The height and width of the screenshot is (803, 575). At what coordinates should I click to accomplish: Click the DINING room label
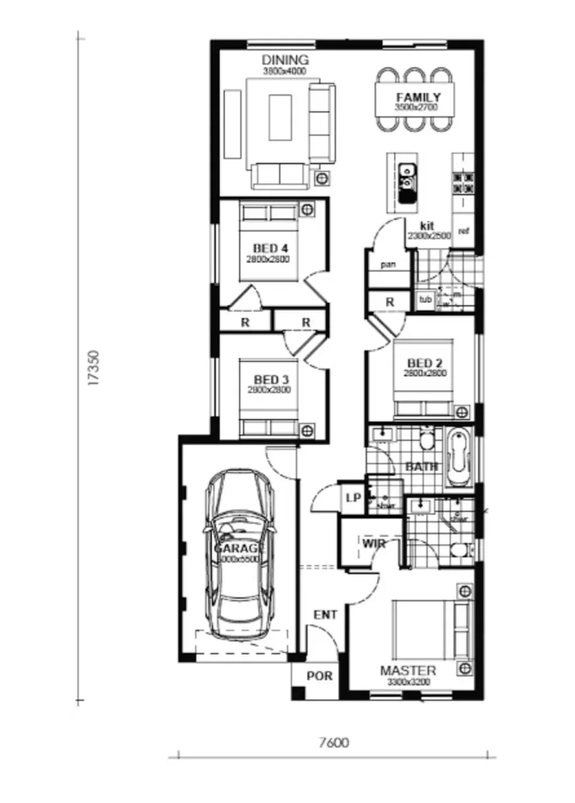(x=285, y=60)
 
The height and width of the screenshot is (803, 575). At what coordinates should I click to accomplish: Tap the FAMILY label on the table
(x=418, y=97)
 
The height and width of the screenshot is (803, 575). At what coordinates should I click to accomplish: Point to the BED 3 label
(x=271, y=380)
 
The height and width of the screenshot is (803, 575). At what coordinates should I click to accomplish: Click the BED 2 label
(x=425, y=364)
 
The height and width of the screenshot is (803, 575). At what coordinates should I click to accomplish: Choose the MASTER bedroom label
(x=408, y=671)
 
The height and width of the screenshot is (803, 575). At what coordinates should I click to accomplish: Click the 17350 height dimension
(x=94, y=368)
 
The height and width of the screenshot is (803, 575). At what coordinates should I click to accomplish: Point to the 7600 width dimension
(x=333, y=743)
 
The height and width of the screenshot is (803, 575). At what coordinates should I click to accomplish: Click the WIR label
(x=373, y=544)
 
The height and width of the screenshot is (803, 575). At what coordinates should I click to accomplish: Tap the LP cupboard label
(x=353, y=498)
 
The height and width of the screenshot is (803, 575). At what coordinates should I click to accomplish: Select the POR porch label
(x=319, y=676)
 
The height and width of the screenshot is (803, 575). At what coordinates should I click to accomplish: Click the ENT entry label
(x=325, y=615)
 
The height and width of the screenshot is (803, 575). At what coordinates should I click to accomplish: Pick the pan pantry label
(x=388, y=265)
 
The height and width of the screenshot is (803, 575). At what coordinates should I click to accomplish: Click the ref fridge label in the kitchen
(x=464, y=231)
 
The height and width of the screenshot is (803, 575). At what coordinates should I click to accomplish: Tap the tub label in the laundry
(x=425, y=300)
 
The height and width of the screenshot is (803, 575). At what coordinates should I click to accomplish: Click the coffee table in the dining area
(x=280, y=117)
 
